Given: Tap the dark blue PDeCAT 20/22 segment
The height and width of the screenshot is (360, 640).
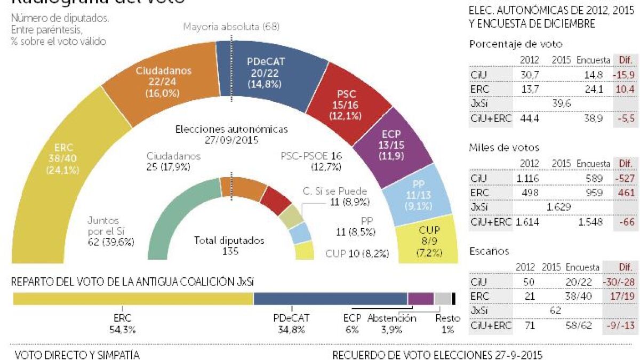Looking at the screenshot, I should click(265, 72).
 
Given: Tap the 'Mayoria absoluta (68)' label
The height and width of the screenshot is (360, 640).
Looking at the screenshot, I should click(231, 27).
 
